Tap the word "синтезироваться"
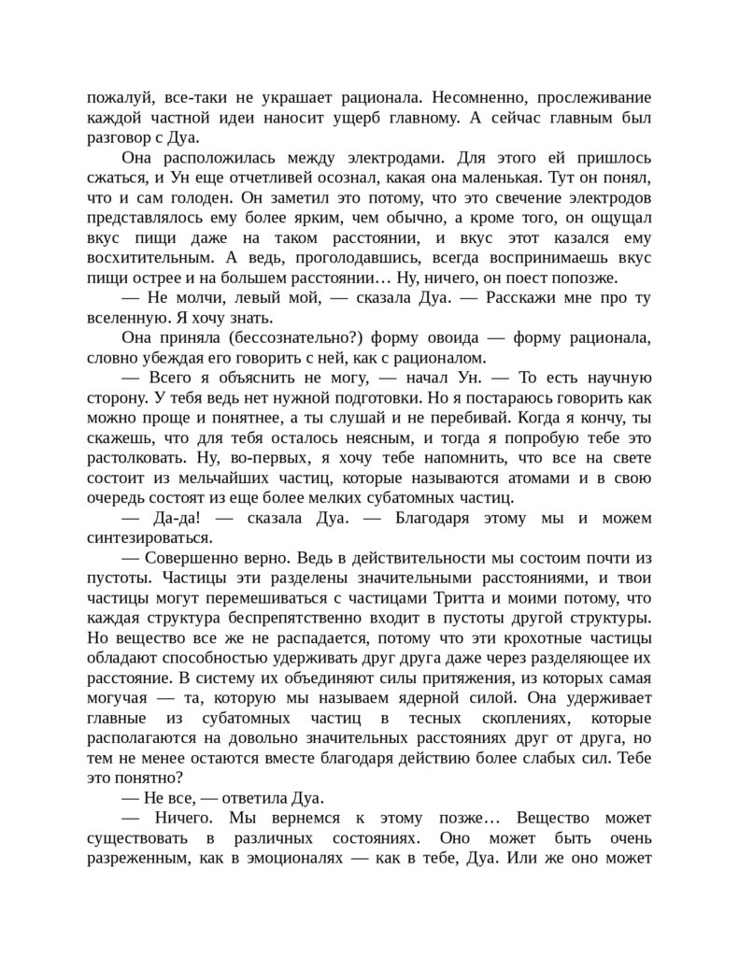point(149,539)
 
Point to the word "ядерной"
point(465,699)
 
